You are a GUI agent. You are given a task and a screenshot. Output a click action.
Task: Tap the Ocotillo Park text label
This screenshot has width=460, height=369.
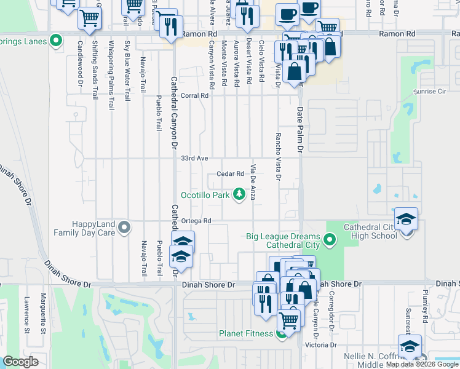pos(205,195)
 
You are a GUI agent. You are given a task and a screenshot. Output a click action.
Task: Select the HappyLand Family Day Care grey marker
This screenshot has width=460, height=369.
pos(125,228)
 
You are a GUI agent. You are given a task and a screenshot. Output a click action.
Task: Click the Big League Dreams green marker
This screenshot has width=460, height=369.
pos(330,238)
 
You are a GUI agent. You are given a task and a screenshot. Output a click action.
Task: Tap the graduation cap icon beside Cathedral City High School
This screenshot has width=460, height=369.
pos(406,219)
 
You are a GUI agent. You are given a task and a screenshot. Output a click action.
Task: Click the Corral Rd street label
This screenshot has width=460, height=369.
pos(195,95)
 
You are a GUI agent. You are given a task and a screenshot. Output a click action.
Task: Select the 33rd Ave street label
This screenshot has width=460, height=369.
pos(194,158)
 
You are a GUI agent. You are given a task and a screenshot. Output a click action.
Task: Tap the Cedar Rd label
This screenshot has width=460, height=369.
pos(231,173)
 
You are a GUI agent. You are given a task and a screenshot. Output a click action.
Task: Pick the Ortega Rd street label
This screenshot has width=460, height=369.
pos(196,221)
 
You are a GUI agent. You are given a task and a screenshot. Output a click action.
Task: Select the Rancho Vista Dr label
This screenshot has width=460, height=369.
pos(278,157)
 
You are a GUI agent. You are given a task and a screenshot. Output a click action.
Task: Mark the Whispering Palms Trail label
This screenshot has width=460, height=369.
pos(111,75)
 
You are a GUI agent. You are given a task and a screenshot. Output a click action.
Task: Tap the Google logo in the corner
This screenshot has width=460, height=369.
pos(21,362)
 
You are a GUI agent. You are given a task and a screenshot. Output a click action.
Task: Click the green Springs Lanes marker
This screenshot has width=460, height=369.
pos(57,41)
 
